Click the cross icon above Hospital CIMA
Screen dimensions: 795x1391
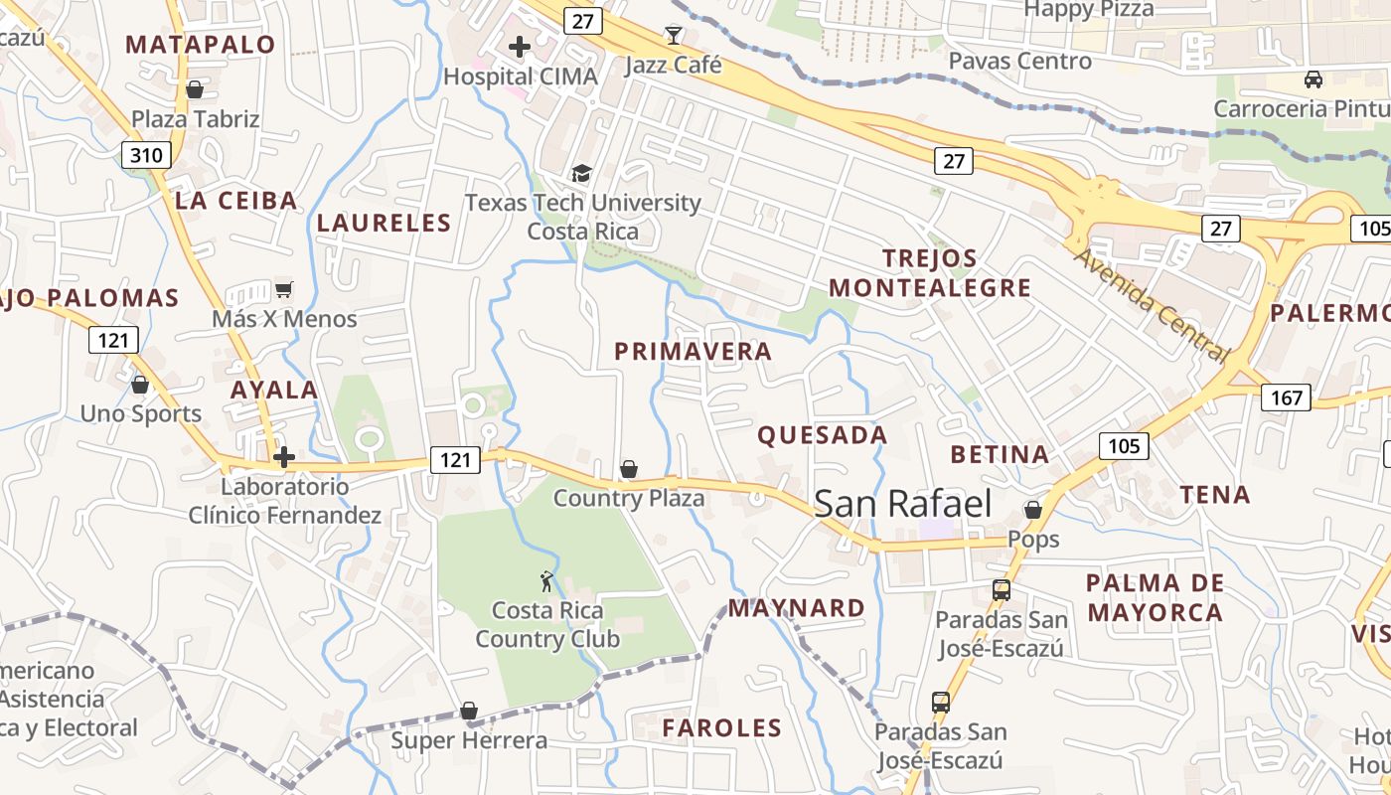519,47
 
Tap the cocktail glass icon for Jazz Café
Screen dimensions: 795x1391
674,36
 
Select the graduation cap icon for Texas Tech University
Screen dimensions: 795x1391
581,173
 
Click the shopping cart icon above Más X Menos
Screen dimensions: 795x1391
284,290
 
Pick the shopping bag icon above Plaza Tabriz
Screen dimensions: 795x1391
195,89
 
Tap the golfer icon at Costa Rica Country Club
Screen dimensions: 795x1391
546,581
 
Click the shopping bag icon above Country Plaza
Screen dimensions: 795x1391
628,469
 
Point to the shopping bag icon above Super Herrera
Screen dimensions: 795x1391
469,712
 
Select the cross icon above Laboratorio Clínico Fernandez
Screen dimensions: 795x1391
285,457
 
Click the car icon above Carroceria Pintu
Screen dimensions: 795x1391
1314,79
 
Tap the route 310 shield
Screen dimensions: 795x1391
146,155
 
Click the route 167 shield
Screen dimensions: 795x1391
1286,398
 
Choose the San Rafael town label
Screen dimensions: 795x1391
903,504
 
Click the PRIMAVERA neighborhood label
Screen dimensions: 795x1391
693,352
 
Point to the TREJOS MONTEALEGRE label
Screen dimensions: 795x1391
930,273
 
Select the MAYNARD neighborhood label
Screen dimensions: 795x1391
797,608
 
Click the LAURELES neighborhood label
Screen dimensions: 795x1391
384,224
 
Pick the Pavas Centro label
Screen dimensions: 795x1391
1019,62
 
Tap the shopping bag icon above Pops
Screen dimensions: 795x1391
1033,511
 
